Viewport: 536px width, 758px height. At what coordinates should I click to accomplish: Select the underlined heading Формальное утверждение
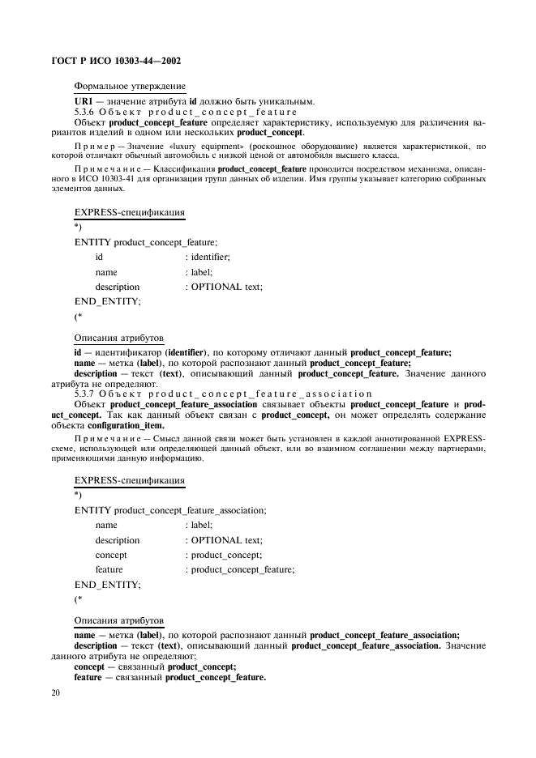(x=129, y=86)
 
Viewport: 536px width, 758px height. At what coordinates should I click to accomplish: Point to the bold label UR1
(x=84, y=100)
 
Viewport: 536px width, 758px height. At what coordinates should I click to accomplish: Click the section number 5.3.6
(x=86, y=111)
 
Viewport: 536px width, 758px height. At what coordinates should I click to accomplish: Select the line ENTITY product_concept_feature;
(x=146, y=241)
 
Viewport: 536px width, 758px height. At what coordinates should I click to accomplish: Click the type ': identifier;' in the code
(x=208, y=257)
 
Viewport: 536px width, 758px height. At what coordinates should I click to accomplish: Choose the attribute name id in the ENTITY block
(x=99, y=257)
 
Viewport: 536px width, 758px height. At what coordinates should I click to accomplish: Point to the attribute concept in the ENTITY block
(x=110, y=555)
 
